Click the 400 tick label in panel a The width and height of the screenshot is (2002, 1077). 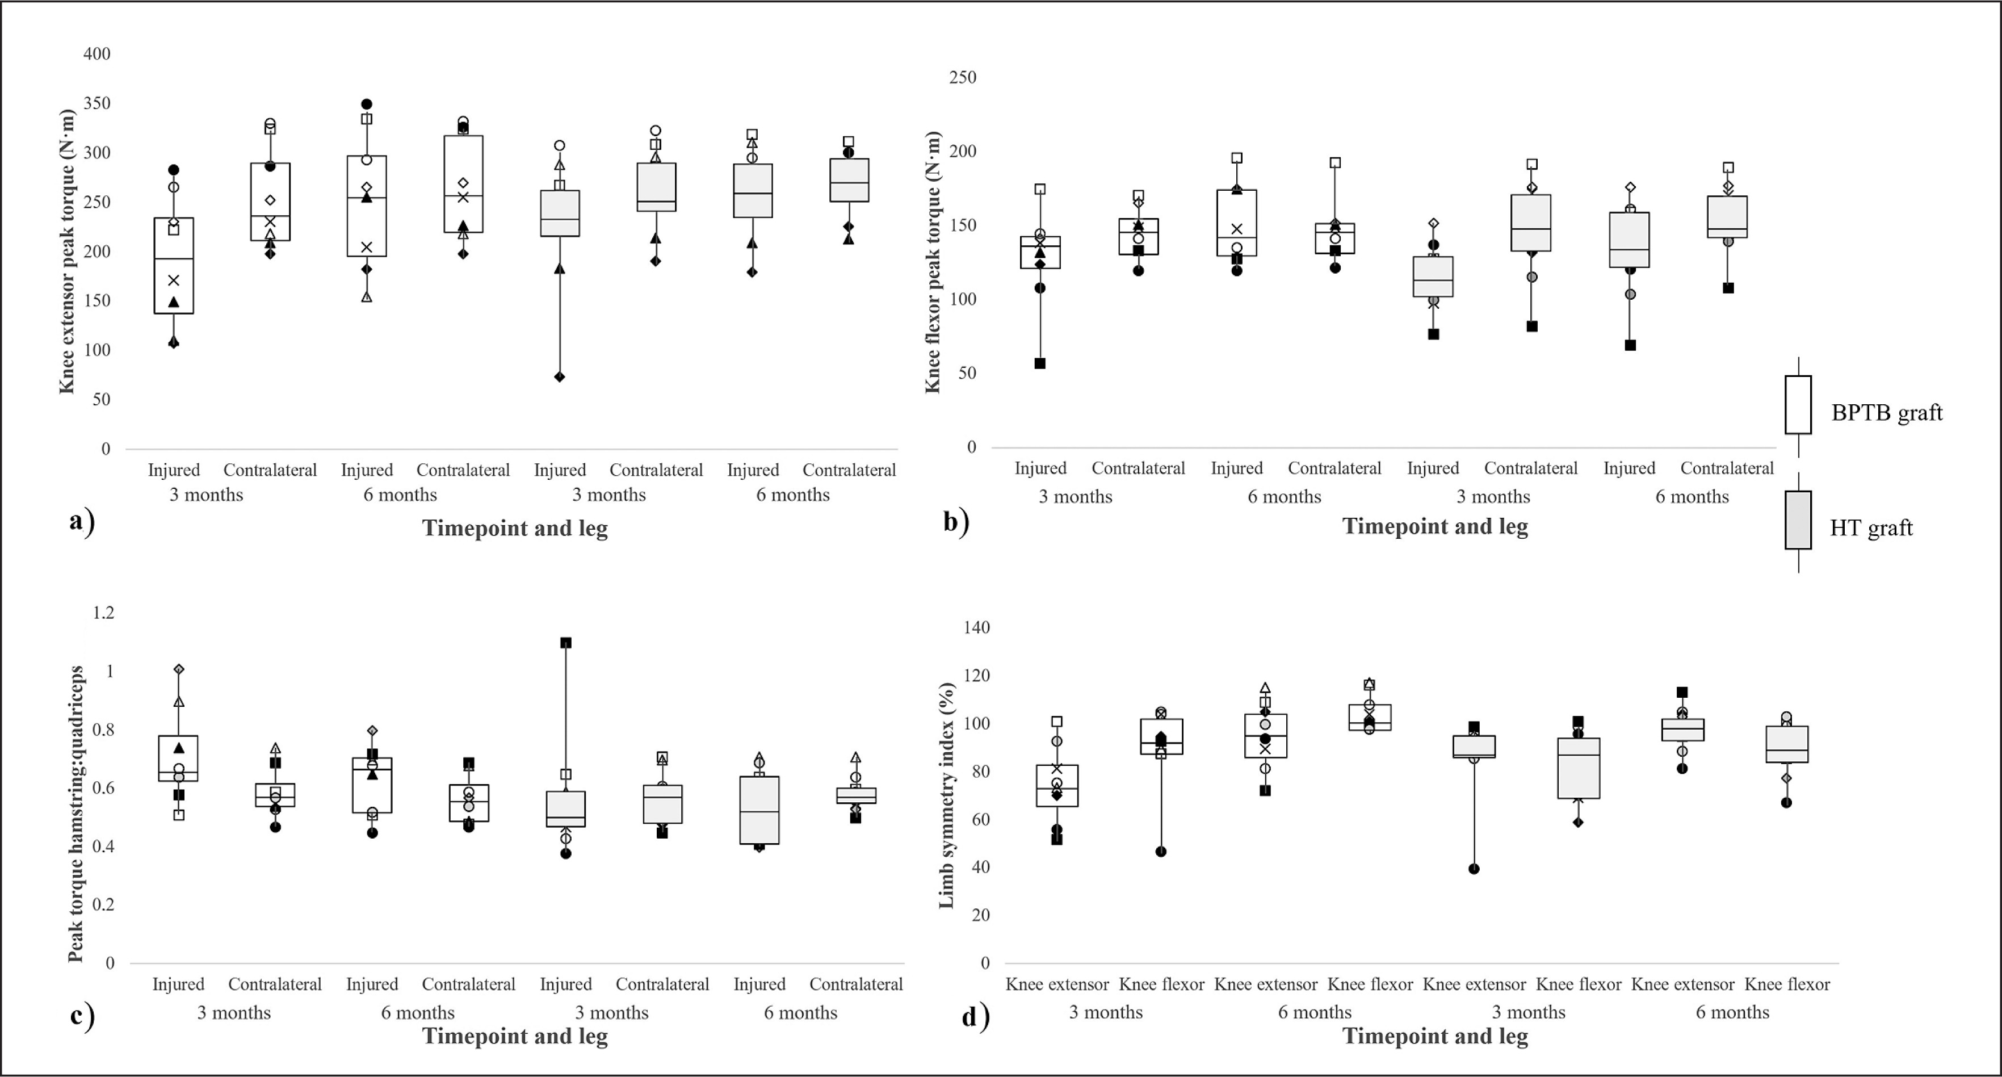coord(97,53)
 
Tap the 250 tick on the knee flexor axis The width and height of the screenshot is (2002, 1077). coord(962,77)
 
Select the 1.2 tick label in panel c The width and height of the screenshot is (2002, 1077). coord(103,613)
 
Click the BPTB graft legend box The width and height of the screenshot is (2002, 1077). coord(1798,405)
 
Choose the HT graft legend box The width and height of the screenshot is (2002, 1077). coord(1798,520)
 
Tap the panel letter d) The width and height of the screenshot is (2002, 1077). coord(975,1016)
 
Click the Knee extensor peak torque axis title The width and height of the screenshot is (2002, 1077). coord(68,251)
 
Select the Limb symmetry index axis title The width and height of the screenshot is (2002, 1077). coord(946,795)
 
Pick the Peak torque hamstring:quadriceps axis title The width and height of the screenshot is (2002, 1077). coord(75,814)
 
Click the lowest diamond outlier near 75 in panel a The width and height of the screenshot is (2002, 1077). coord(560,377)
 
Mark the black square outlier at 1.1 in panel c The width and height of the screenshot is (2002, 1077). coord(566,643)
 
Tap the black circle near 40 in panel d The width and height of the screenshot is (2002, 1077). coord(1474,869)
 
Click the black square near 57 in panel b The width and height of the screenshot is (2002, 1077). coord(1040,363)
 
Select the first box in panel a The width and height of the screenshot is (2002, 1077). coord(174,265)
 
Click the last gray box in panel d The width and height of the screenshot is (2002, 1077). coord(1787,744)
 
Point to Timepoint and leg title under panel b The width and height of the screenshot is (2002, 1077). coord(1435,526)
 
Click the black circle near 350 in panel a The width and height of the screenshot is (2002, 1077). coord(367,104)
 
